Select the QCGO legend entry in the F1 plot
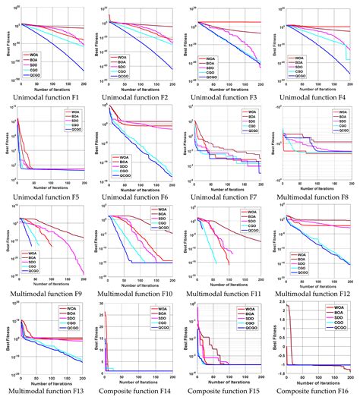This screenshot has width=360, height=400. pyautogui.click(x=36, y=76)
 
